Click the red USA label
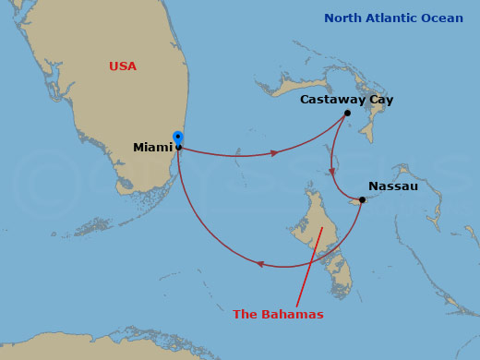coord(122,66)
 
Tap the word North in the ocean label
coord(343,18)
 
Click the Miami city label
coord(152,148)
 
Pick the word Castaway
coord(332,100)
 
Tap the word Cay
coord(381,100)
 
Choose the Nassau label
coord(393,186)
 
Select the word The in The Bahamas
coord(245,315)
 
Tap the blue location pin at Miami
coord(178,138)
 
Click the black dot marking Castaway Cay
coord(347,114)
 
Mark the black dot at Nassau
coord(362,199)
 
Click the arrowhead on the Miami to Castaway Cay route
coord(273,152)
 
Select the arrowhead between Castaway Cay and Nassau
coord(332,172)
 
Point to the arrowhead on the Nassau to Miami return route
coord(261,264)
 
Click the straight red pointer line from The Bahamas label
coord(309,268)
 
